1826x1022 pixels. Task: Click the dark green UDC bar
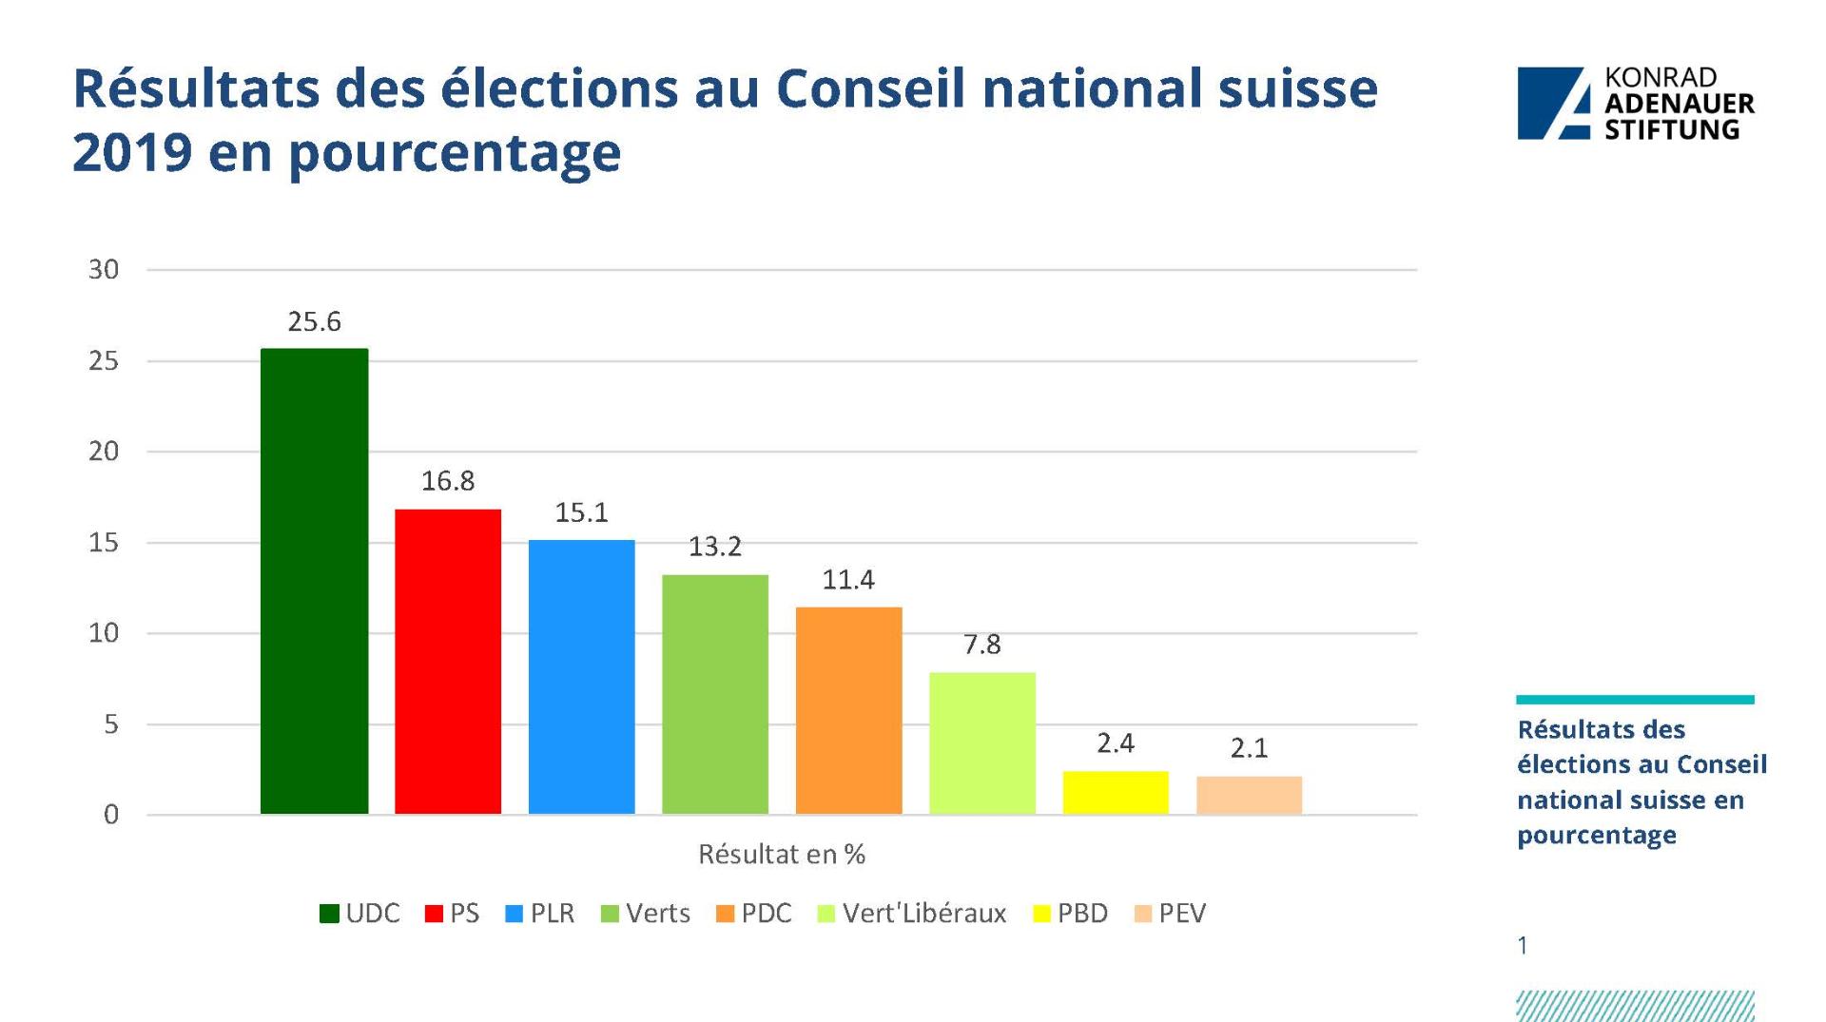tap(314, 581)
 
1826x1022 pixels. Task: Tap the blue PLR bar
tap(581, 676)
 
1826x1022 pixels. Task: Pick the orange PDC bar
tap(848, 710)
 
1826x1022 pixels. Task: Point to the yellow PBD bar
tap(1116, 792)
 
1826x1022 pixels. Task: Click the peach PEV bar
tap(1249, 795)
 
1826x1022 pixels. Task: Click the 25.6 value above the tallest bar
tap(314, 322)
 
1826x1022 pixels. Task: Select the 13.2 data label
tap(714, 547)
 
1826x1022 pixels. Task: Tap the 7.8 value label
tap(981, 645)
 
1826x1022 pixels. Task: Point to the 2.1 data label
tap(1249, 748)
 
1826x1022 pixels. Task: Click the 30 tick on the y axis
tap(104, 270)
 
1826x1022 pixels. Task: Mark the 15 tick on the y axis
tap(104, 543)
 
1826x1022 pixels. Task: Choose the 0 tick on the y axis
tap(111, 815)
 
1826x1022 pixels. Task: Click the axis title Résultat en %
tap(782, 855)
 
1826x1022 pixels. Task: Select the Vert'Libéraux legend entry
tap(912, 914)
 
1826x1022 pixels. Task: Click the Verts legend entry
tap(646, 914)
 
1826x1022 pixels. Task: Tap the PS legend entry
tap(453, 914)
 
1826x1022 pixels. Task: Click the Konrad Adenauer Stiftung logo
tap(1635, 104)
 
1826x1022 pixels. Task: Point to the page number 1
tap(1523, 946)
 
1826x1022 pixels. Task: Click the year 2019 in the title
tap(132, 152)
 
